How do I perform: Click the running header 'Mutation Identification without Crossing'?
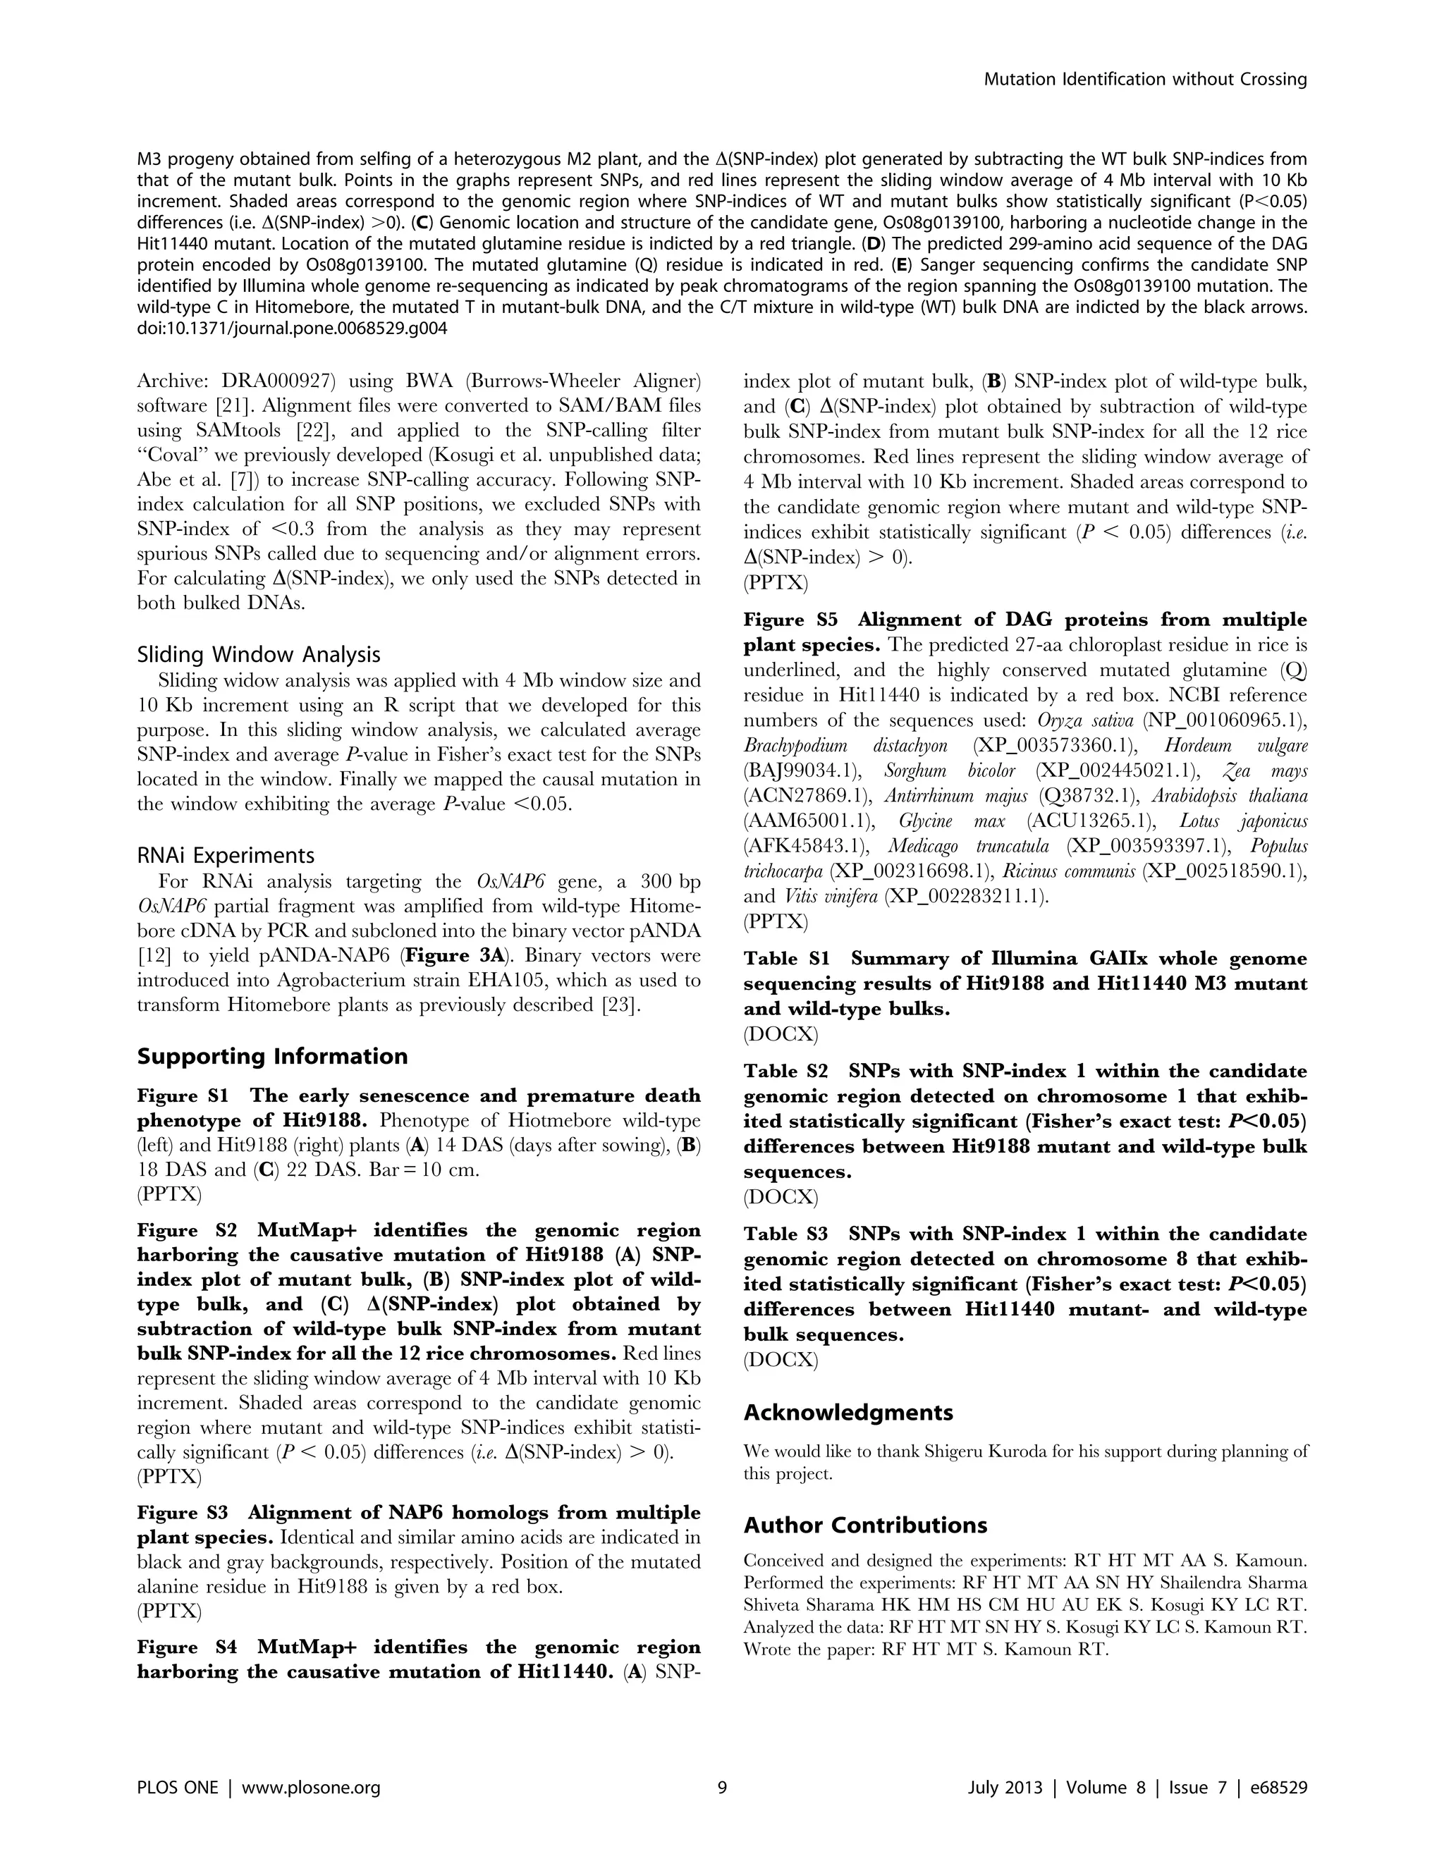coord(1145,80)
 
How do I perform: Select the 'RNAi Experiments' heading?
coord(226,855)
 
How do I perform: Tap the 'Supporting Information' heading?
coord(271,1056)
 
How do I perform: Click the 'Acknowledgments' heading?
coord(848,1412)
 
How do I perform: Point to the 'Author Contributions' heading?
coord(864,1525)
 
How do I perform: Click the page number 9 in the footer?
coord(722,1787)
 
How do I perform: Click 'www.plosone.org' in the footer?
coord(311,1787)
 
